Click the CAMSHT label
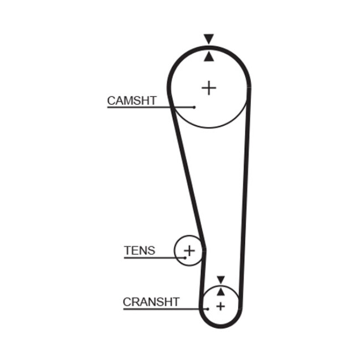coord(131,100)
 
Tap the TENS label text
coord(140,250)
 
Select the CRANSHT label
coord(151,302)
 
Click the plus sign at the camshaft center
coord(209,88)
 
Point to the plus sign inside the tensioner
coord(189,250)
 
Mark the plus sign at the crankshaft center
coord(220,306)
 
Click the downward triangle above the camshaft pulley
coord(208,39)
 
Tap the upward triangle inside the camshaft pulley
coord(208,56)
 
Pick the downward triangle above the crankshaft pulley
coord(220,280)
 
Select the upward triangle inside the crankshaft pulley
coord(220,291)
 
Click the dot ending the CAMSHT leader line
coord(195,107)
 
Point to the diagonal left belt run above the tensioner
coord(188,177)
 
